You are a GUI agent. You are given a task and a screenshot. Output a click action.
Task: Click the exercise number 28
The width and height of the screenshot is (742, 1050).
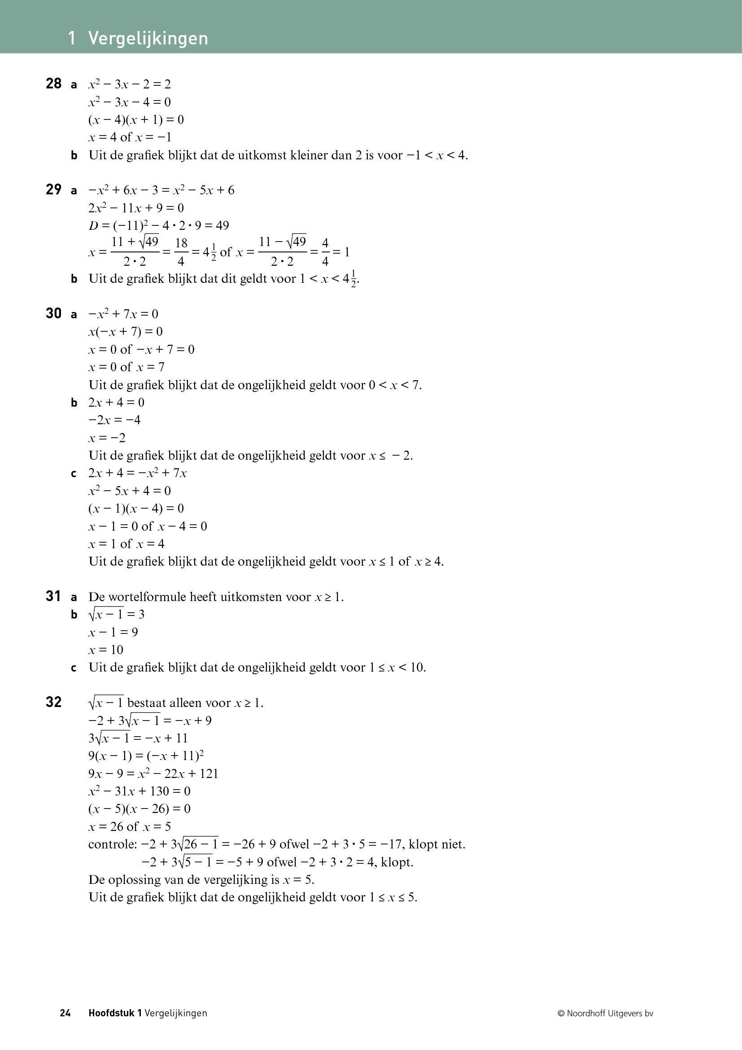pyautogui.click(x=53, y=83)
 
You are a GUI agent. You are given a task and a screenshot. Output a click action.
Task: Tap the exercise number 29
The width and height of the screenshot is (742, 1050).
pyautogui.click(x=53, y=190)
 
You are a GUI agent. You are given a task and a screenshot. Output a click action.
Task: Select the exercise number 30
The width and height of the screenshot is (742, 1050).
pyautogui.click(x=53, y=314)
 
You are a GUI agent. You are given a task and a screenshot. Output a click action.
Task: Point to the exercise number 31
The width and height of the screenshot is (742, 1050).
pyautogui.click(x=53, y=596)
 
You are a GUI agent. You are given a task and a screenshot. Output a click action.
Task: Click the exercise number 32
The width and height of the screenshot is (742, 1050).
pyautogui.click(x=53, y=703)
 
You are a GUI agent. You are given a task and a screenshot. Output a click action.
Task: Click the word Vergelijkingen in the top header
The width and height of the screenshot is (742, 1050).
pyautogui.click(x=148, y=39)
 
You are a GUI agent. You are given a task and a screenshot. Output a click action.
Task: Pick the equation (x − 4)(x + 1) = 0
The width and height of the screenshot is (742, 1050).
pyautogui.click(x=136, y=120)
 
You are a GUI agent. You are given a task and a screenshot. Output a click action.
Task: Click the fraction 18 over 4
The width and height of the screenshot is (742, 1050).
pyautogui.click(x=181, y=252)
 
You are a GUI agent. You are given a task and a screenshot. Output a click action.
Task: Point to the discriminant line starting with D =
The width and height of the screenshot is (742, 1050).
pyautogui.click(x=158, y=225)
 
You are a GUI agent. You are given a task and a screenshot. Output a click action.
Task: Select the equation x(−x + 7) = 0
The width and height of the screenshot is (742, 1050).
pyautogui.click(x=126, y=332)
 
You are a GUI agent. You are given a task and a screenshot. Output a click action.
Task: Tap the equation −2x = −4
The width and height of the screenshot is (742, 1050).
pyautogui.click(x=114, y=420)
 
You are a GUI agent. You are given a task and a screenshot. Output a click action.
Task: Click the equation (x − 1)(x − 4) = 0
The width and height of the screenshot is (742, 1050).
pyautogui.click(x=136, y=509)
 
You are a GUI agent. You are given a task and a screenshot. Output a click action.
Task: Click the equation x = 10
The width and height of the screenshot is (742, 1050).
pyautogui.click(x=106, y=650)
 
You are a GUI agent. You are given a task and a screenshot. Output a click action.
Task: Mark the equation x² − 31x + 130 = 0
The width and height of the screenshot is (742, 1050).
pyautogui.click(x=140, y=791)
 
